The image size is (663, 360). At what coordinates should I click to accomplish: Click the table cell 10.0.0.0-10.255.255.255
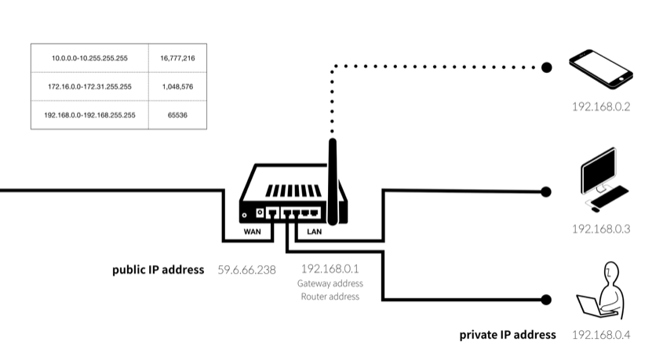(x=89, y=58)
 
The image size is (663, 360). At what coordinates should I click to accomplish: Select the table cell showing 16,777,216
(x=177, y=58)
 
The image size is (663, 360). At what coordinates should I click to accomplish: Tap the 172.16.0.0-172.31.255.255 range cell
(x=89, y=86)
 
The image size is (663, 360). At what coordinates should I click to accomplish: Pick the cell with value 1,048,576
(x=177, y=86)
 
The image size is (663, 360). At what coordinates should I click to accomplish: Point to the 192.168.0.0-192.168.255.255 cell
(x=89, y=115)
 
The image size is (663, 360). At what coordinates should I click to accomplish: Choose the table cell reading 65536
(x=177, y=115)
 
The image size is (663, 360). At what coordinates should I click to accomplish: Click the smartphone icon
(x=601, y=68)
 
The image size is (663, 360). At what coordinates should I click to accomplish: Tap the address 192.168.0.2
(x=601, y=107)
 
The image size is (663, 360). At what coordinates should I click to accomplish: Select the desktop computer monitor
(x=596, y=172)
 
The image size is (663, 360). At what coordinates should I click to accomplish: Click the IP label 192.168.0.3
(x=601, y=229)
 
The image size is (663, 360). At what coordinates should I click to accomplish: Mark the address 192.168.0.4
(x=601, y=335)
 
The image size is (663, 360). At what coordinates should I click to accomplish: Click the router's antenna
(x=333, y=180)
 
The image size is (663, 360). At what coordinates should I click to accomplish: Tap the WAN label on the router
(x=252, y=232)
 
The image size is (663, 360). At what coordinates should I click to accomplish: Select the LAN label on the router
(x=313, y=232)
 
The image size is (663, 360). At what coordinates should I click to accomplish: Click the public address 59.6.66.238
(x=246, y=270)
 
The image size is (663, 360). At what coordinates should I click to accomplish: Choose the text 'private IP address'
(x=508, y=335)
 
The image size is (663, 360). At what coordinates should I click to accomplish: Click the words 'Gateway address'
(x=330, y=283)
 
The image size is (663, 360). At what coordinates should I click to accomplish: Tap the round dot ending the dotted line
(x=546, y=68)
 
